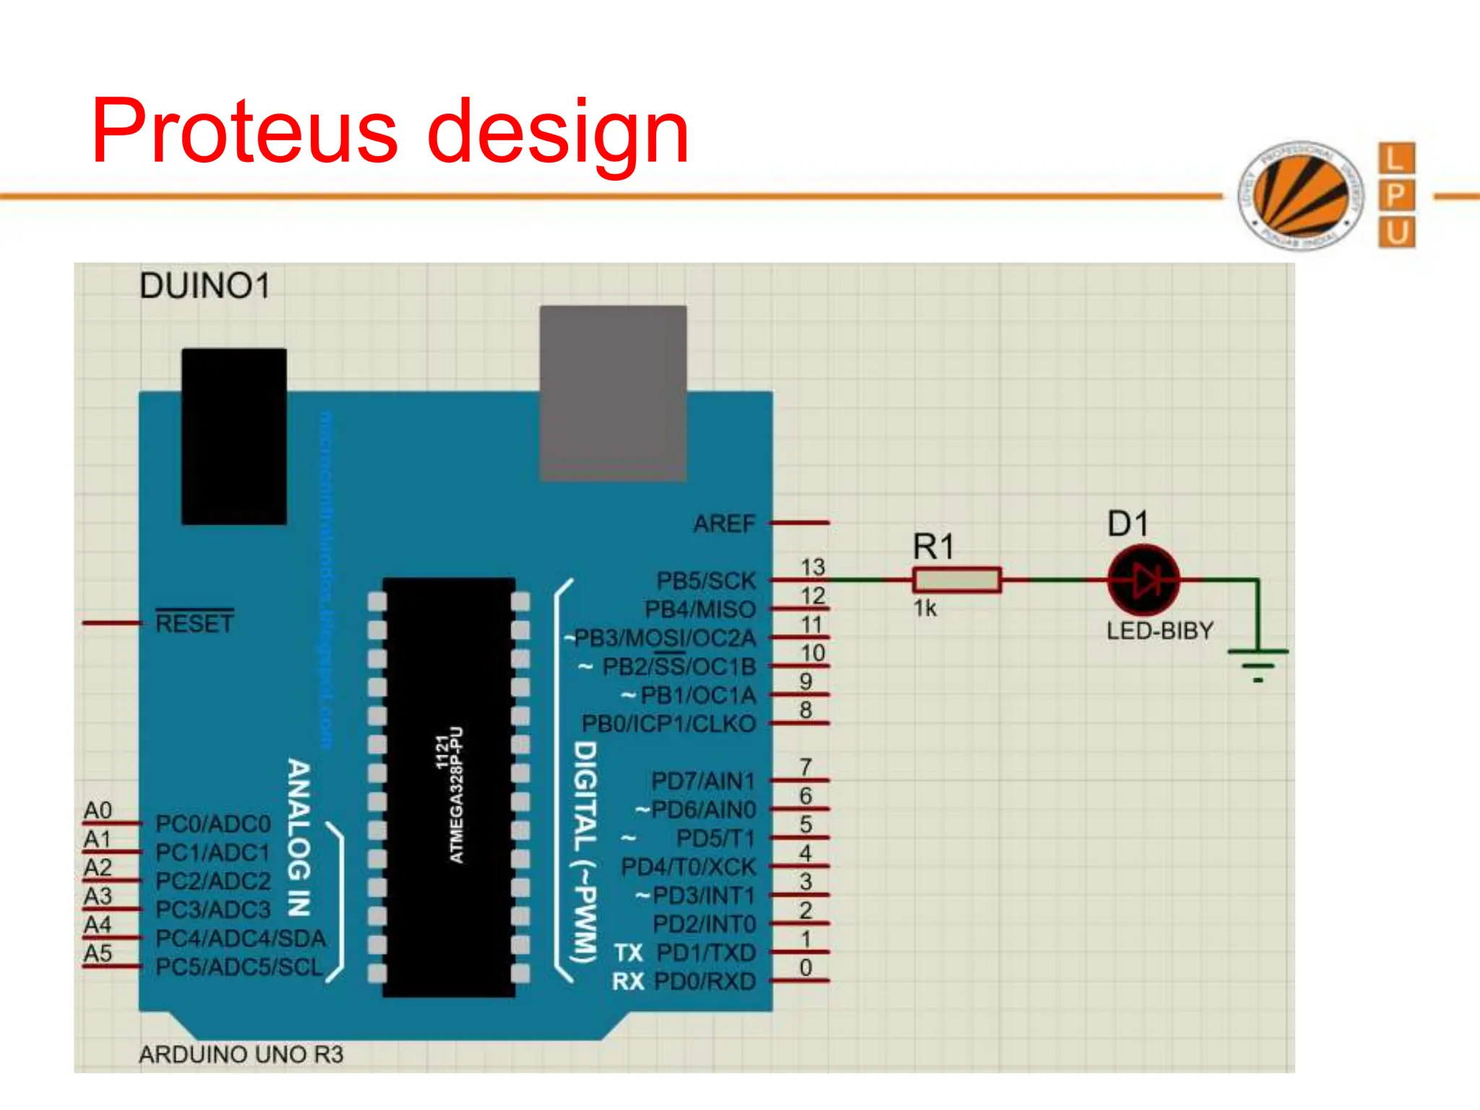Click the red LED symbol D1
click(x=1144, y=580)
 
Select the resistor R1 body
click(x=957, y=580)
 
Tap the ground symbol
click(x=1258, y=663)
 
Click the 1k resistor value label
click(x=925, y=608)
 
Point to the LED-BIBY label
click(x=1160, y=631)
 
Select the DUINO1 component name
click(x=205, y=286)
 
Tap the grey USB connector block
click(x=614, y=392)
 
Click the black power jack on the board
click(x=234, y=436)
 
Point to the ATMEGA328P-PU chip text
click(x=456, y=795)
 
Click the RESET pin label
click(x=195, y=623)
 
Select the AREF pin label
click(x=724, y=523)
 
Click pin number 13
click(x=813, y=567)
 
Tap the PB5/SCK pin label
click(x=705, y=581)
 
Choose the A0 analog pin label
click(x=98, y=811)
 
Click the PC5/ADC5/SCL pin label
click(x=239, y=967)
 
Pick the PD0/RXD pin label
click(x=705, y=981)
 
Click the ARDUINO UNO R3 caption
click(x=241, y=1055)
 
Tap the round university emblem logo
click(x=1301, y=195)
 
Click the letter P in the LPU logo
click(x=1396, y=195)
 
